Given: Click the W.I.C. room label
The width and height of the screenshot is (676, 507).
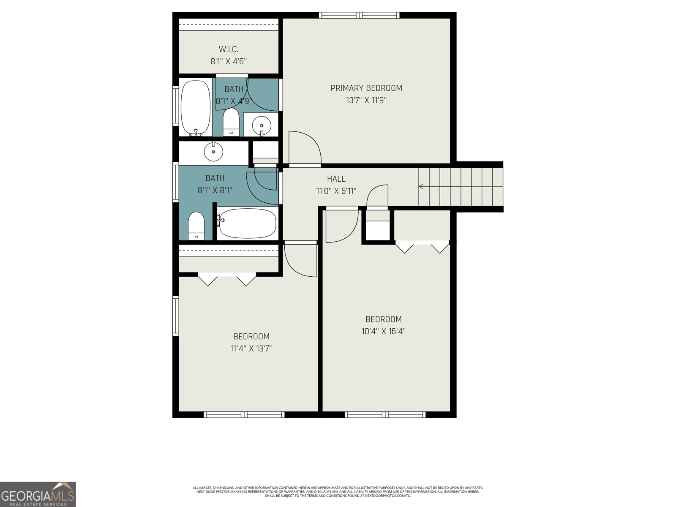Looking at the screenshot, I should coord(229,49).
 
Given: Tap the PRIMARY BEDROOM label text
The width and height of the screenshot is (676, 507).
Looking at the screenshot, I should coord(366,88).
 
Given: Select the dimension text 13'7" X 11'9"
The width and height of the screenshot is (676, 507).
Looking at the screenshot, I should coord(366,101).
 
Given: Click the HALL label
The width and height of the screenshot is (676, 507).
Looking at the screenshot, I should coord(336,179).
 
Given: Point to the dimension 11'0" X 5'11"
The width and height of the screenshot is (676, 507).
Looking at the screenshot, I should coord(336,191).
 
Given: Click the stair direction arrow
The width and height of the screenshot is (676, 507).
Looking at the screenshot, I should coord(421,187).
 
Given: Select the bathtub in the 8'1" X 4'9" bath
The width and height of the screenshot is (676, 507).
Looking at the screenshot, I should coord(196,107).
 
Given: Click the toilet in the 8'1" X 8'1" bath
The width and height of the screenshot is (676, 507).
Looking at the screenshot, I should coord(196,226).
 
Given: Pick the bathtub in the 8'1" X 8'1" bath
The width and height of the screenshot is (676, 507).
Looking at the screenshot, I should coord(247,223).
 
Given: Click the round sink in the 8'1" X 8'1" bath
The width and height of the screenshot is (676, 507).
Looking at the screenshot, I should coord(213,152).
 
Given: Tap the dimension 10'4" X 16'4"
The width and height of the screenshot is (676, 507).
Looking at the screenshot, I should coord(383,331).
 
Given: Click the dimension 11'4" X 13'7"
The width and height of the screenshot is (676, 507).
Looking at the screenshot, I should coord(251,349).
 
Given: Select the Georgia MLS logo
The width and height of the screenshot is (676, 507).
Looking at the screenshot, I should coord(38,494).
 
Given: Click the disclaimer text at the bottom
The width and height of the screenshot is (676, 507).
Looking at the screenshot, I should coord(338,491).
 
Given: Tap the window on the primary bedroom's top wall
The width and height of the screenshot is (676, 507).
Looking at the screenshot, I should coord(359,15).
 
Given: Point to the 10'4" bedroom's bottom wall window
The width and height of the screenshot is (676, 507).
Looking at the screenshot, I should coord(385,414).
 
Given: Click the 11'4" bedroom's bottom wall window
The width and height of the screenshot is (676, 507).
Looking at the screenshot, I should coord(244,414).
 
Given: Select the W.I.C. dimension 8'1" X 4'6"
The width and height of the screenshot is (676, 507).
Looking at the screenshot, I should coord(229,62).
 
